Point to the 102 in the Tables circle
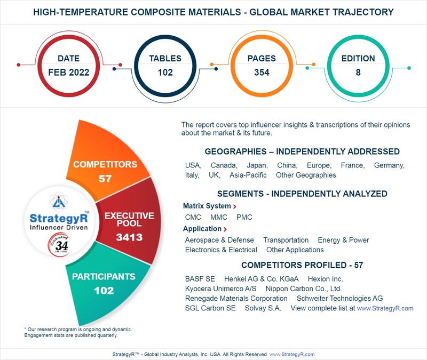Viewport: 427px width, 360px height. [x=165, y=73]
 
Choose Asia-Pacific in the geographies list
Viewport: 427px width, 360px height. [x=248, y=175]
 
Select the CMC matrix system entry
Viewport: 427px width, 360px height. [x=193, y=218]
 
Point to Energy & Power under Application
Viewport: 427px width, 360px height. [x=343, y=240]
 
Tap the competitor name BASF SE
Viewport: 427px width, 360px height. [x=200, y=279]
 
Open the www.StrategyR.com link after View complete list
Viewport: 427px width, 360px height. [x=385, y=308]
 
